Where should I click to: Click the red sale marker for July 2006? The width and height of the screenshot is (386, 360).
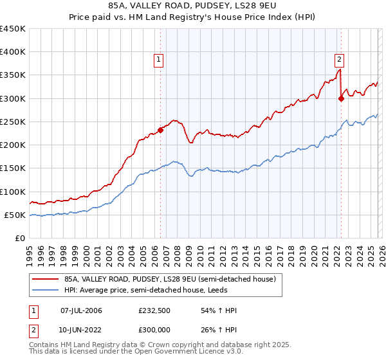160,130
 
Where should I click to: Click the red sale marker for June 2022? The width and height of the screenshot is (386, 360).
340,98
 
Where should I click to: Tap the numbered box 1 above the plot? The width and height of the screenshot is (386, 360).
158,60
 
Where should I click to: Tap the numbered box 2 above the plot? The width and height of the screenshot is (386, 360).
339,60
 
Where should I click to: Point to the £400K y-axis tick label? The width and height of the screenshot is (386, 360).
13,52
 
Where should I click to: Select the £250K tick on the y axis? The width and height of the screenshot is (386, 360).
13,122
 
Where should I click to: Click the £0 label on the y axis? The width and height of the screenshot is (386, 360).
21,239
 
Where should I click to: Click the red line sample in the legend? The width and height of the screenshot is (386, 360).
46,279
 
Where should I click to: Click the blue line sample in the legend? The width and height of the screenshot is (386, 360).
46,291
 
